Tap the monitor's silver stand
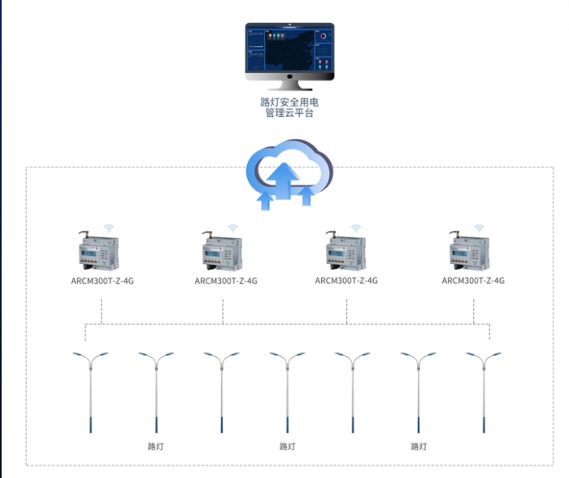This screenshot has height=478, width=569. [x=290, y=83]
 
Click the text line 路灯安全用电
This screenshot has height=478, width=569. [x=289, y=102]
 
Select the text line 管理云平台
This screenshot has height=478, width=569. [x=289, y=114]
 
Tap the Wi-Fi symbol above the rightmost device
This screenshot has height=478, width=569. [x=480, y=227]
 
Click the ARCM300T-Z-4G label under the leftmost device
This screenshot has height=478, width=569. [x=102, y=281]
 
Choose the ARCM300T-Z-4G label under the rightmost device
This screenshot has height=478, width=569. [x=473, y=281]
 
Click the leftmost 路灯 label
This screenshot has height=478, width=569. [x=156, y=446]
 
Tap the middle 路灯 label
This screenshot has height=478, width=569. [x=288, y=446]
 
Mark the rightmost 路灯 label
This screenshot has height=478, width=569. [x=419, y=446]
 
